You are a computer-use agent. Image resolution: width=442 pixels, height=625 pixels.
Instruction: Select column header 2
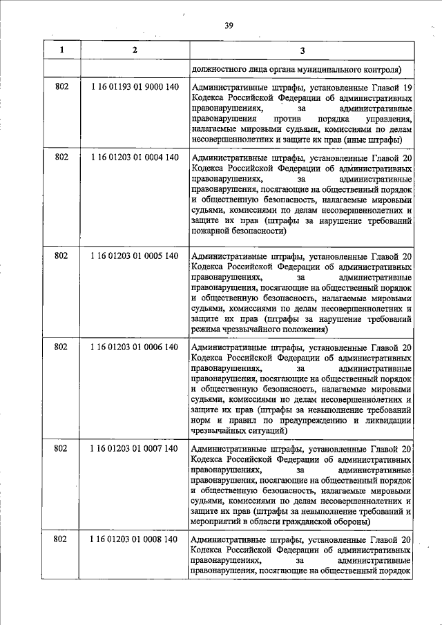point(135,50)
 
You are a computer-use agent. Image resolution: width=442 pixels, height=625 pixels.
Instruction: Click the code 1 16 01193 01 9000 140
point(135,88)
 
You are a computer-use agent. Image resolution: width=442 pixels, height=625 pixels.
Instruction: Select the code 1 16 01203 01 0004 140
point(135,157)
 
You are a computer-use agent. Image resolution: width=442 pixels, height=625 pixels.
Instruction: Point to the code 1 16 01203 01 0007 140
point(135,449)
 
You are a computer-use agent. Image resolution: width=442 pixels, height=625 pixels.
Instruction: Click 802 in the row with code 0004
point(61,157)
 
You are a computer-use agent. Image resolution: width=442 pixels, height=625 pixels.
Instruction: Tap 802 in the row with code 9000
point(61,88)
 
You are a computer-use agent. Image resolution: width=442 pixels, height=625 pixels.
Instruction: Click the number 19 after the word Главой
point(407,88)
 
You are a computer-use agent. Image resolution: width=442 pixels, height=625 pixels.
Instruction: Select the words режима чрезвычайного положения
point(259,331)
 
